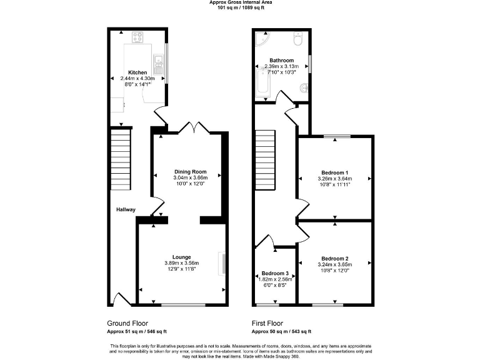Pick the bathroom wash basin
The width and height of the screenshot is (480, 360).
[304, 88]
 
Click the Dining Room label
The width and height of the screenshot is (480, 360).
[189, 171]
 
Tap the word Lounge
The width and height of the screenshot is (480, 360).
[181, 257]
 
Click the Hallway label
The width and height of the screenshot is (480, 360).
[126, 209]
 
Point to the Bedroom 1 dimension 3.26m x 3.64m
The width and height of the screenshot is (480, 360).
[334, 179]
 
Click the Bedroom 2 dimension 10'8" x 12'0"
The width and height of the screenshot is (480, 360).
[334, 271]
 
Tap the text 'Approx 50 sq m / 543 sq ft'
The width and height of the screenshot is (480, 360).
[281, 331]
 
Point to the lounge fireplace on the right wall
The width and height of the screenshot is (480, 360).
[221, 263]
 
